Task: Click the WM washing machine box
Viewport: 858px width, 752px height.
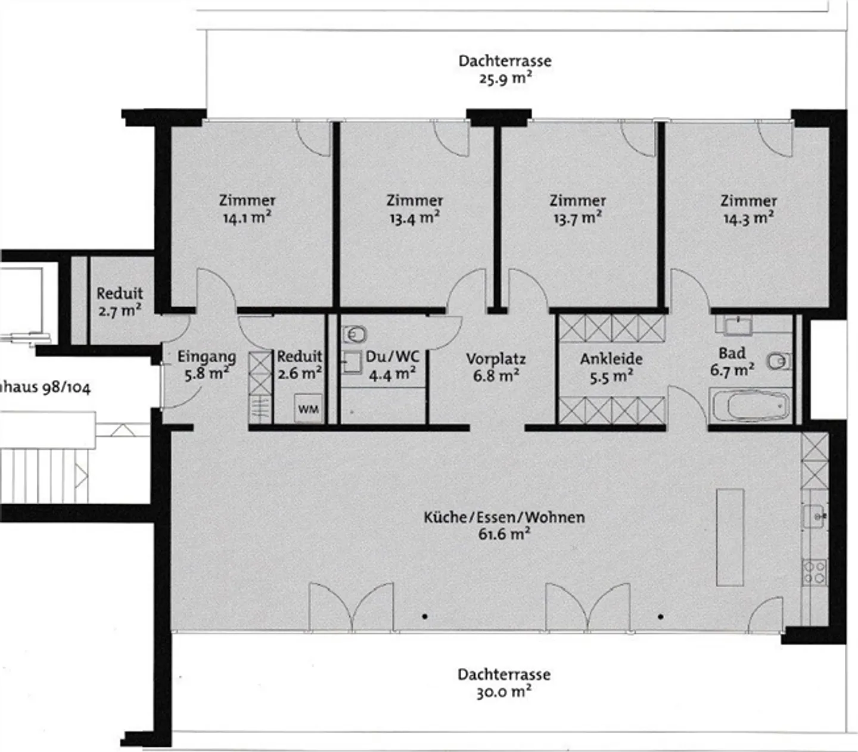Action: [x=308, y=409]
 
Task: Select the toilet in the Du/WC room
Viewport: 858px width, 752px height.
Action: [x=355, y=335]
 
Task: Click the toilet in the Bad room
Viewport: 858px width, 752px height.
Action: [x=778, y=361]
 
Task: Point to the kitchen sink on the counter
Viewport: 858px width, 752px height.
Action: [x=814, y=515]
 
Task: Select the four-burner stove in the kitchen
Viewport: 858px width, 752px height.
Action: [x=814, y=572]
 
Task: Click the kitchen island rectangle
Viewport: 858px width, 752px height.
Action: [x=730, y=537]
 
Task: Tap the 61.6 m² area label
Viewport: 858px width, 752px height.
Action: [x=504, y=534]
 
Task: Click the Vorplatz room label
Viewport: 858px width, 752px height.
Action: [x=496, y=359]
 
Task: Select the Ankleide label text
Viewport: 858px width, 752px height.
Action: [x=611, y=359]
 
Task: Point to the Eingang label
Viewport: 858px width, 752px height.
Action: [x=206, y=357]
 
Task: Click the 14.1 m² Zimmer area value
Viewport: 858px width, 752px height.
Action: [x=247, y=218]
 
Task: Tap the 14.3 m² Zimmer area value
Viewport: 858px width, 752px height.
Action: [x=748, y=218]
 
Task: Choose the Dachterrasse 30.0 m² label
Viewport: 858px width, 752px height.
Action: [x=504, y=683]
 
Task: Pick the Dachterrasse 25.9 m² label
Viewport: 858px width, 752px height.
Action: [x=505, y=69]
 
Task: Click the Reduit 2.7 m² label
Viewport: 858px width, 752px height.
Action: [x=120, y=302]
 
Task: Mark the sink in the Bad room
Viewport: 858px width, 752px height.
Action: [x=738, y=325]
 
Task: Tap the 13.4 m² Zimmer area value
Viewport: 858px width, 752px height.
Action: [x=415, y=218]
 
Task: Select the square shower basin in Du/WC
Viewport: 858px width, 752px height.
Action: [x=352, y=362]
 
